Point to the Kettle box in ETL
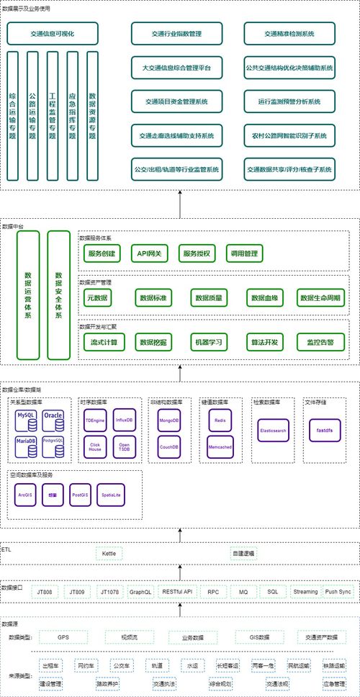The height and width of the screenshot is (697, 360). [x=109, y=554]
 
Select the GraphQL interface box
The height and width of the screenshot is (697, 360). [x=140, y=592]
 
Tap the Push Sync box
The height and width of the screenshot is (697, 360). [x=338, y=592]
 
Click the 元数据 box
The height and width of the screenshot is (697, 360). [x=97, y=297]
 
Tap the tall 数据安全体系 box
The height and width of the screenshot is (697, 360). [x=58, y=295]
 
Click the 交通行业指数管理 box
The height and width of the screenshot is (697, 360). [x=176, y=34]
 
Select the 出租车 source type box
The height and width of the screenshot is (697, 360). [x=50, y=666]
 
